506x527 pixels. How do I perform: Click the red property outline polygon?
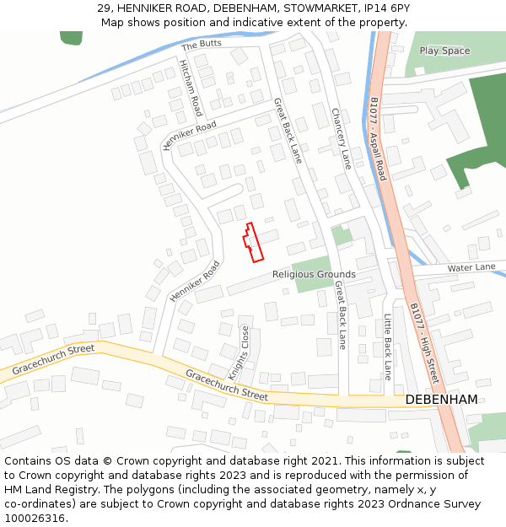[252, 243]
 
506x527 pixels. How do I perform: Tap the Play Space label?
[444, 51]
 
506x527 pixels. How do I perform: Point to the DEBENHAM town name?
[441, 399]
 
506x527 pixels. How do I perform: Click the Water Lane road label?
[471, 267]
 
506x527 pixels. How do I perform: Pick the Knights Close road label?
[239, 352]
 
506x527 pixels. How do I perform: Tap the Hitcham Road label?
[191, 88]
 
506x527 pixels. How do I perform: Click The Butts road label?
[200, 45]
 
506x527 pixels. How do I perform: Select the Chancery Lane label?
[340, 139]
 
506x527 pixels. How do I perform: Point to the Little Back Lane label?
[388, 347]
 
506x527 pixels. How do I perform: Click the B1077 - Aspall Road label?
[377, 138]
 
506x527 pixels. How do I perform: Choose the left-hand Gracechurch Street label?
[53, 360]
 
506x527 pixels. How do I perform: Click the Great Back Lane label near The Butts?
[287, 130]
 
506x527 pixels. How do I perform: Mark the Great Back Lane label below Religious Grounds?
[340, 315]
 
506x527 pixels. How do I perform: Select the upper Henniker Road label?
[189, 136]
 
